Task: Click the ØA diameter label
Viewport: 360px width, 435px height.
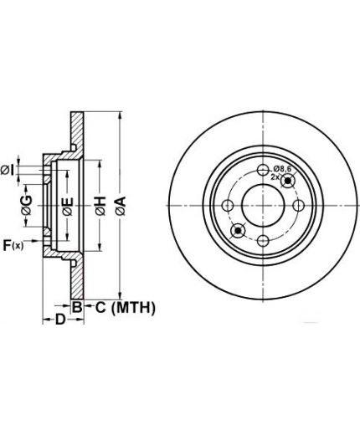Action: point(121,206)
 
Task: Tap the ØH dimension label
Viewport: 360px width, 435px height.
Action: point(100,206)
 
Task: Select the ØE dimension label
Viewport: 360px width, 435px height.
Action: point(68,207)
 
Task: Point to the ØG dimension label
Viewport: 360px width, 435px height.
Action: point(27,205)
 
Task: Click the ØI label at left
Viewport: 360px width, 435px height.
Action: point(8,170)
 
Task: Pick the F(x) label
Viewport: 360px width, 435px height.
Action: point(13,245)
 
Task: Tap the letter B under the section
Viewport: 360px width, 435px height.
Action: point(77,307)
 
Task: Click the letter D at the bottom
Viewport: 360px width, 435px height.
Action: point(60,320)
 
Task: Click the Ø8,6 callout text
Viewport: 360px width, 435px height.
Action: point(282,168)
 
